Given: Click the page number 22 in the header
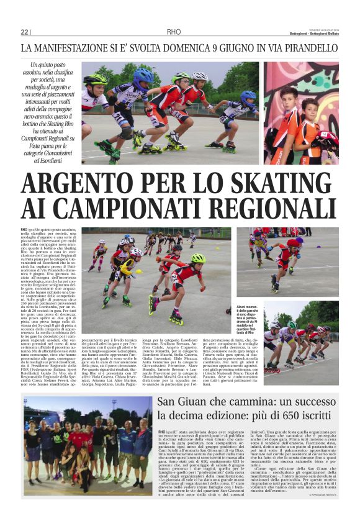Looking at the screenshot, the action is (x=24, y=32).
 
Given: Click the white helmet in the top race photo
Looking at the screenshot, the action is (x=199, y=77).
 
